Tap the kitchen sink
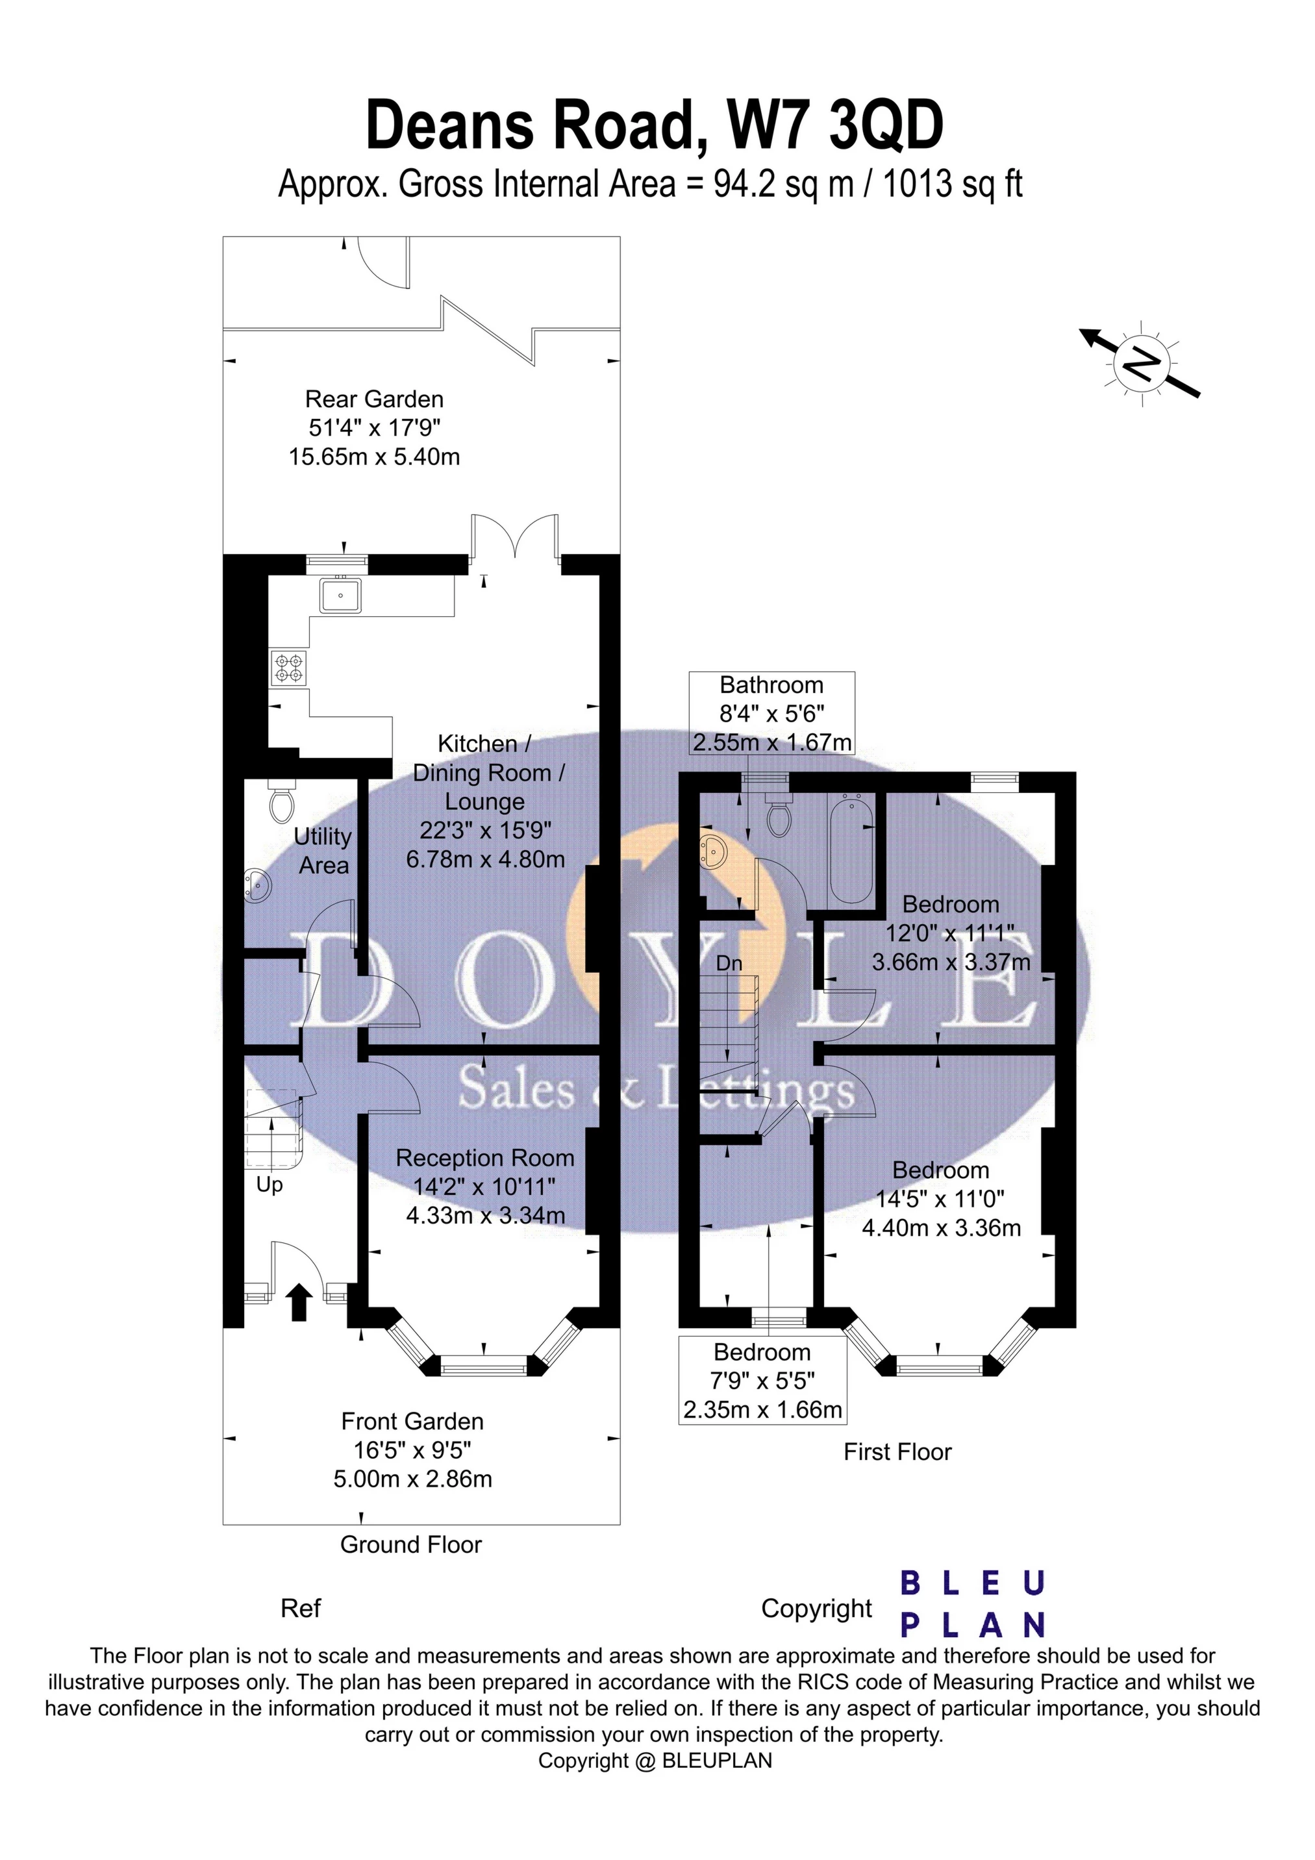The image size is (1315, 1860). tap(340, 596)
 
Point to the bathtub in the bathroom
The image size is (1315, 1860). tap(850, 851)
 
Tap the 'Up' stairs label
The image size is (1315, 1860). tap(269, 1185)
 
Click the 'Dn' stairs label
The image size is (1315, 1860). tap(729, 963)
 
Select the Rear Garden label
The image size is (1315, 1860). tap(374, 399)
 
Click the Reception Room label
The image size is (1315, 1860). tap(484, 1159)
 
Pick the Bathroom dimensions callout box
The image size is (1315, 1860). tap(771, 714)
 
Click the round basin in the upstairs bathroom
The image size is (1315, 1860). tap(714, 851)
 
